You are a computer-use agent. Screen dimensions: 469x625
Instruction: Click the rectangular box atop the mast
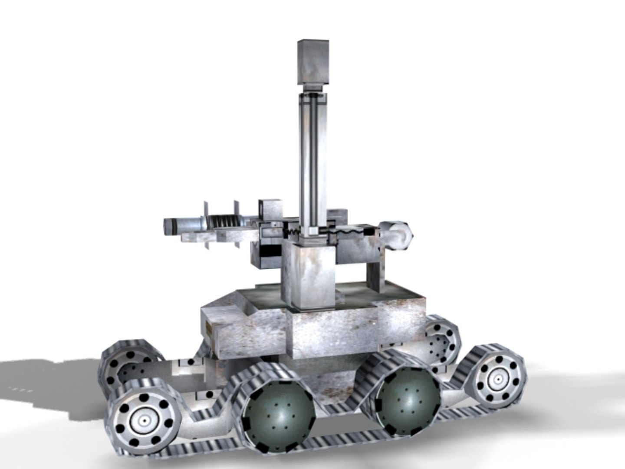313,62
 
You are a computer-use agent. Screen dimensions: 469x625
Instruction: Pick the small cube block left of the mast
270,211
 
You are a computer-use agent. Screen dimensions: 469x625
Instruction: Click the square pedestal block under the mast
309,274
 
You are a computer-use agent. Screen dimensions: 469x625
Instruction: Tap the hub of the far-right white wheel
495,380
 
